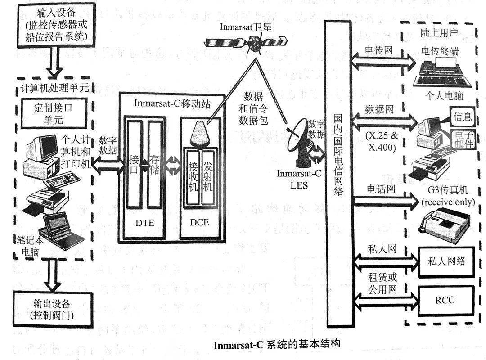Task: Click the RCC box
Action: point(445,300)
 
